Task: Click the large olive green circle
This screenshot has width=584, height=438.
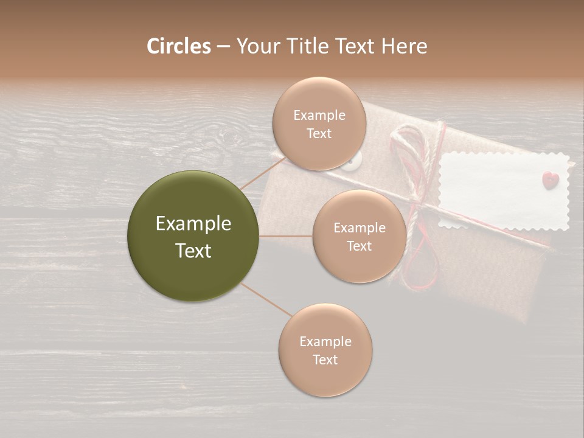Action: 193,236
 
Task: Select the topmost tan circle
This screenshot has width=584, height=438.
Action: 319,123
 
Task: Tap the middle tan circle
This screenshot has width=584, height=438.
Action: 359,236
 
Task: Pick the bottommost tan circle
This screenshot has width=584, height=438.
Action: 325,350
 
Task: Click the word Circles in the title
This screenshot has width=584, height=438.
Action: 179,46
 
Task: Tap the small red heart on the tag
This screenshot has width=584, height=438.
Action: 551,179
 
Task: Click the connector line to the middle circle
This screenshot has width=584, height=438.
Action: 286,236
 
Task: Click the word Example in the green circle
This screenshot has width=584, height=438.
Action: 193,223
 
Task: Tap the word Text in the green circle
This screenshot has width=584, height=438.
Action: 193,250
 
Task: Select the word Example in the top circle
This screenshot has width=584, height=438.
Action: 319,115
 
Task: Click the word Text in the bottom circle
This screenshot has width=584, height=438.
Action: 325,360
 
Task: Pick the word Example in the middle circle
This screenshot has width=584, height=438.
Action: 359,228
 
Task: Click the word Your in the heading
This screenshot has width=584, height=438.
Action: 257,46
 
